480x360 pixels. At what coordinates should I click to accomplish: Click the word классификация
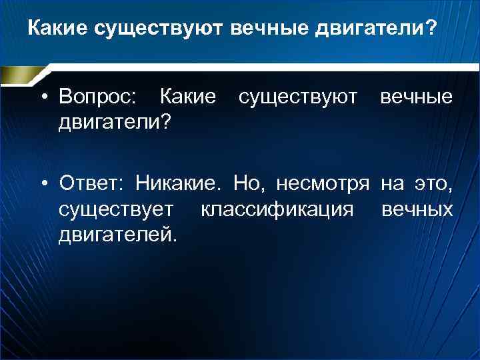[277, 210]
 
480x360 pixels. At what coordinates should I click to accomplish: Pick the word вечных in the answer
[417, 210]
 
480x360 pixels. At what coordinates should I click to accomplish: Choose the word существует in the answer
[117, 210]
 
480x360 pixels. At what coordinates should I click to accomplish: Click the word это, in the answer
[433, 182]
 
